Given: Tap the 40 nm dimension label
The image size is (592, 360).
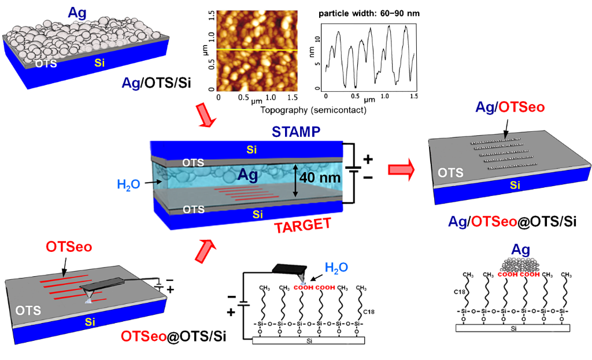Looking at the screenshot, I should click(x=319, y=179).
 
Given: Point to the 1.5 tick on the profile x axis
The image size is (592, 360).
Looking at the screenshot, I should click(x=413, y=96).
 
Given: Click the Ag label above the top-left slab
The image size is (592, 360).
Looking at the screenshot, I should click(x=78, y=12).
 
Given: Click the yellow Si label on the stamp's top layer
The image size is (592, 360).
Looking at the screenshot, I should click(x=252, y=150).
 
